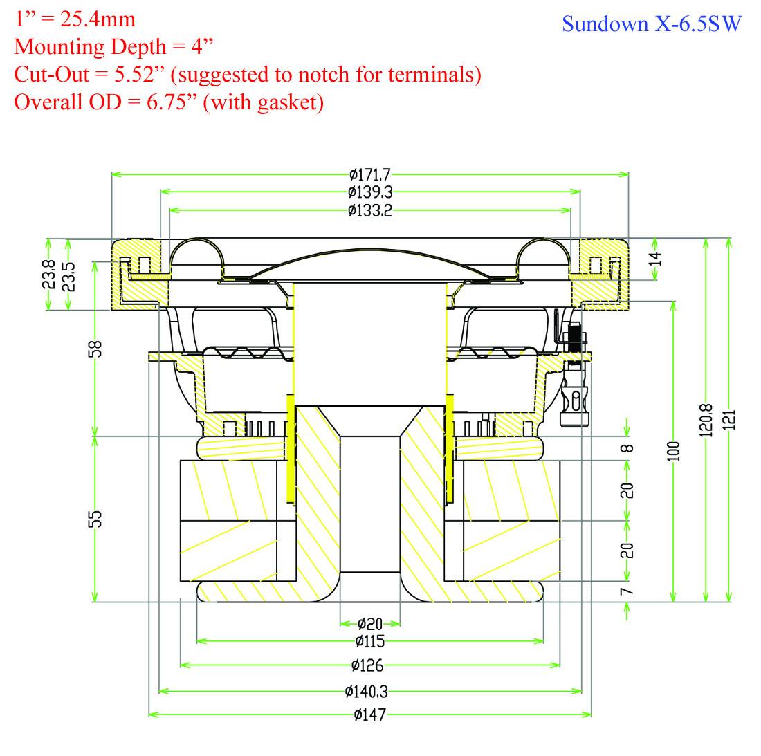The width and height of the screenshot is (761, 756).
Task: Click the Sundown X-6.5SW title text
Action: point(651,24)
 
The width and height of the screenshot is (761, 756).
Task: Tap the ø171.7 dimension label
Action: point(370,174)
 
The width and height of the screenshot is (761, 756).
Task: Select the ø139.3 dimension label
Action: point(370,192)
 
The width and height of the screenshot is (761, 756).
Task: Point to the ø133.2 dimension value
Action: point(370,210)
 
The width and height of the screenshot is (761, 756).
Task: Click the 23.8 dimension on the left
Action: point(48,275)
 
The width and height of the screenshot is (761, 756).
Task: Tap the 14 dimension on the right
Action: point(657,259)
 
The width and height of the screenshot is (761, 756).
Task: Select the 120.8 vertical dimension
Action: point(706,419)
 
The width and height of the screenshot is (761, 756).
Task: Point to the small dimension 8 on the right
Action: point(626,448)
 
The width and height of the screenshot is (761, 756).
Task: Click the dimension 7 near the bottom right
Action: point(626,592)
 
